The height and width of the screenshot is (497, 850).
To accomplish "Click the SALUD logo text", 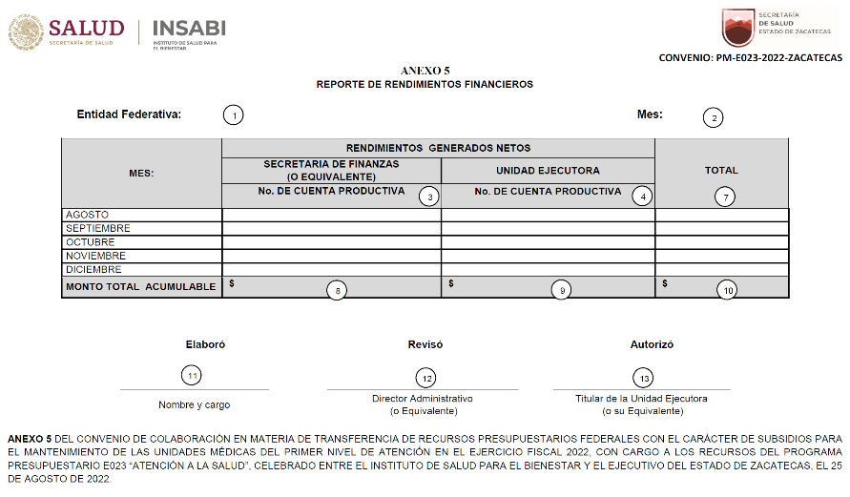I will coord(86,28).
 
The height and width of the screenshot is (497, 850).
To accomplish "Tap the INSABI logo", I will coord(189,28).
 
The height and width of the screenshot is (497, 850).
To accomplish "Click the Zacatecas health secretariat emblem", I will coord(737,28).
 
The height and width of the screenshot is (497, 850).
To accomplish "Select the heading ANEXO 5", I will coord(425,71).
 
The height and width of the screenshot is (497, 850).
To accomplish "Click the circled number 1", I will coord(233,115).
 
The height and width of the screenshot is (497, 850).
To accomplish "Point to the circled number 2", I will coord(713,118).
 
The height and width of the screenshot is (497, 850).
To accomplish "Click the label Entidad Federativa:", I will coord(130,114).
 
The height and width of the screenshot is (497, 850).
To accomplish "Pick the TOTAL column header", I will coord(721,170).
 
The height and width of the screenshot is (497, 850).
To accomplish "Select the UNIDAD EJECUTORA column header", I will coord(548,171).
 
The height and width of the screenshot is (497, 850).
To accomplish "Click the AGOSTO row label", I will coord(87,215).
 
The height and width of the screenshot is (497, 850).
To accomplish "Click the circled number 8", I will coord(335,290).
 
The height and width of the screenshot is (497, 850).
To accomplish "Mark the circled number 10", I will coord(727,290).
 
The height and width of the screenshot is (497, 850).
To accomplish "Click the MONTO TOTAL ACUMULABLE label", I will coord(140,286).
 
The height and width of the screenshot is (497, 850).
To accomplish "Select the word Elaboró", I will coord(205,343).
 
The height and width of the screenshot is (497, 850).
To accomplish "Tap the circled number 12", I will coord(426,378).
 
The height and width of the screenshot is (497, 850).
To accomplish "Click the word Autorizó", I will coord(653,343).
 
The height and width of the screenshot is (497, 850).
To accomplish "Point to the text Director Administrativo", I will coord(423,398).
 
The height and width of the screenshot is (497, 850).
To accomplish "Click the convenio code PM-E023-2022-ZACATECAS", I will coord(751,58).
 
